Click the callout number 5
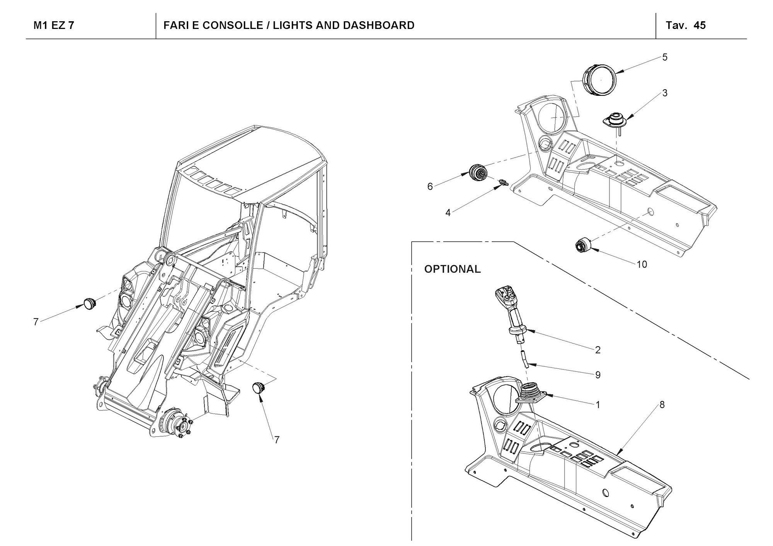[665, 57]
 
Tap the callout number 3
[665, 93]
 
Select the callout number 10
[642, 265]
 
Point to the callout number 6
[430, 187]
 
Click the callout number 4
[448, 213]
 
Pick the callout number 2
[598, 350]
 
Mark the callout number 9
[598, 375]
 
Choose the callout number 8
[662, 405]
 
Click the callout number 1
[598, 405]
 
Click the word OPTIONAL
[452, 269]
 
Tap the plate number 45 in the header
[700, 25]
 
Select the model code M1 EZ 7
[54, 25]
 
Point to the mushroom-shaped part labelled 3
[615, 120]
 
